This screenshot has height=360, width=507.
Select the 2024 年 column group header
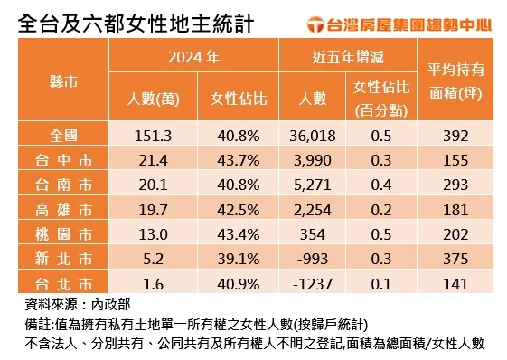[x=193, y=57]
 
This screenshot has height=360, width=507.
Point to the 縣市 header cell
[x=63, y=80]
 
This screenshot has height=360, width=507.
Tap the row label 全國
[x=63, y=137]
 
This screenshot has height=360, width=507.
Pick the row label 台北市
[x=63, y=283]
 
